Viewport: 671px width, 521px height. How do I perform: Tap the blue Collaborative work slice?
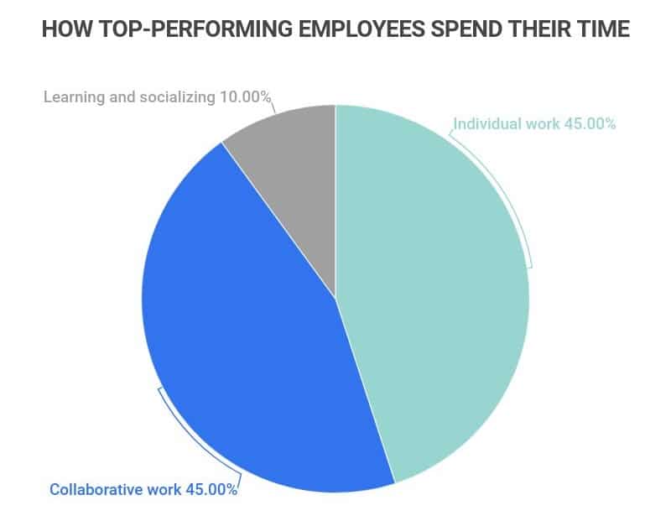252,361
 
